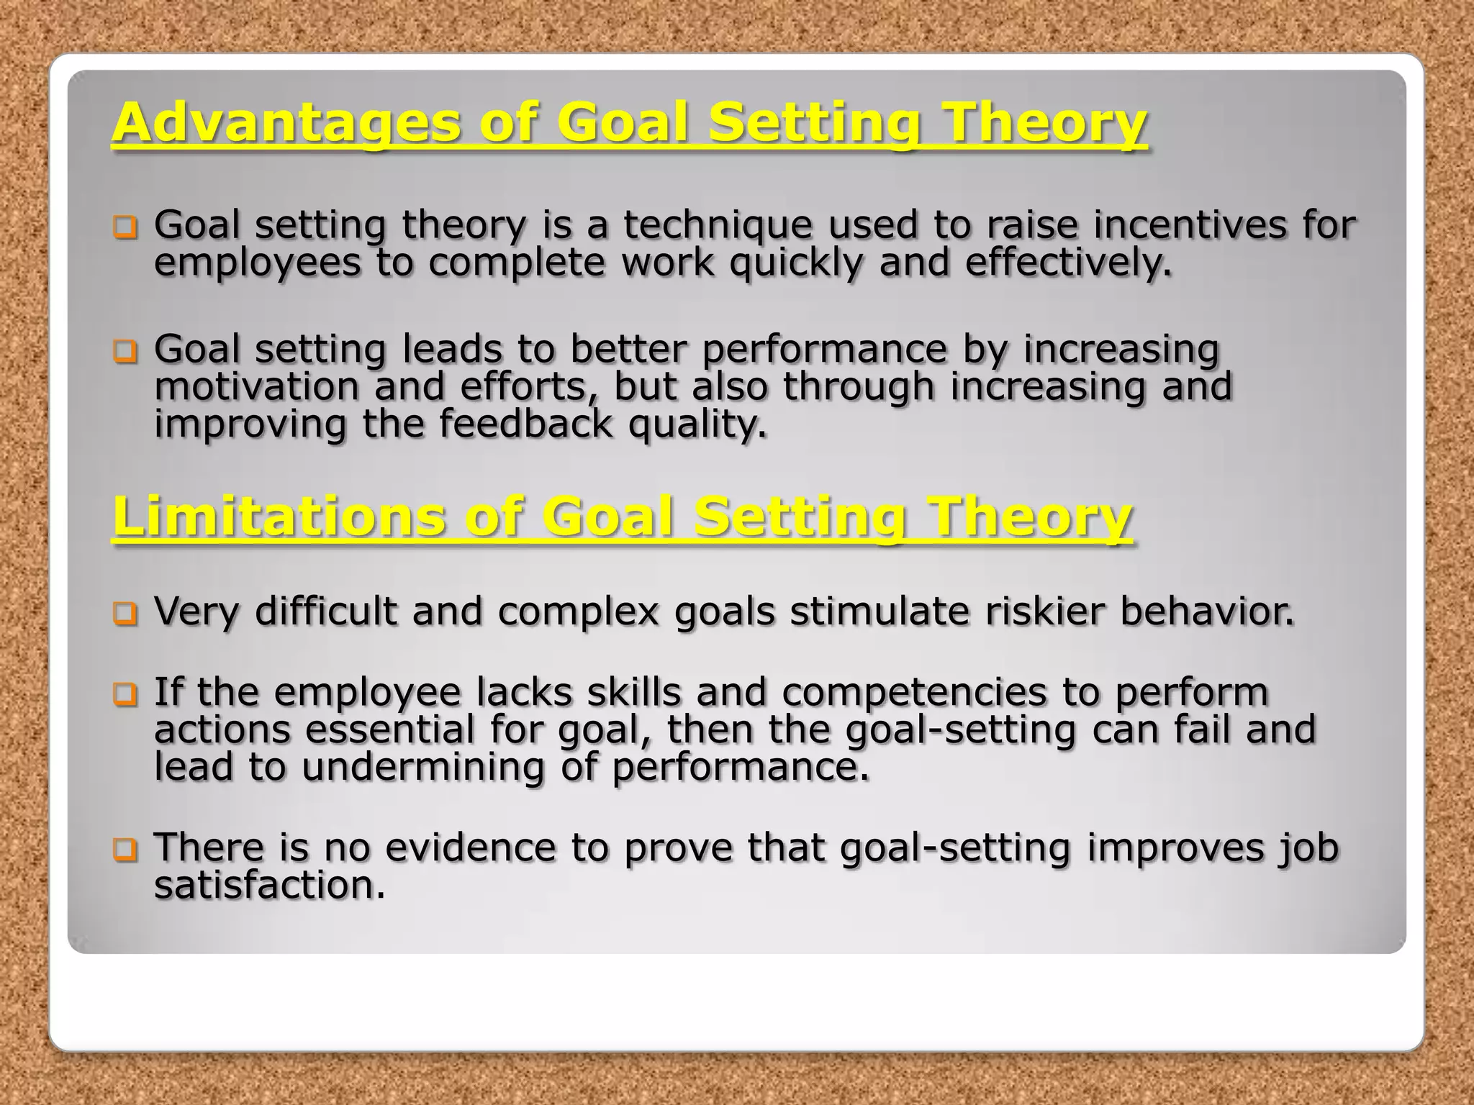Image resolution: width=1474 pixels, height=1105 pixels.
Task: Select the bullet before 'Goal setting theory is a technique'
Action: pos(125,228)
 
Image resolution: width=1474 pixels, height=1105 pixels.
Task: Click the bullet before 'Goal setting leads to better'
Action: pos(125,352)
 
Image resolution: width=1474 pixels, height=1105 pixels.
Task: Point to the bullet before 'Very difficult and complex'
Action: pos(125,614)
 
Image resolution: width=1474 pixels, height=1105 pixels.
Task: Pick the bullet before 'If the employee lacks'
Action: pos(125,695)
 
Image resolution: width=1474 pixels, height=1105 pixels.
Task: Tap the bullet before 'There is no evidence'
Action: pos(125,850)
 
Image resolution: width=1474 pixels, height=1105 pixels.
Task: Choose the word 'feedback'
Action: pos(525,424)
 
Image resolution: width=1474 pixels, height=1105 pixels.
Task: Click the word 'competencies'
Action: pos(915,693)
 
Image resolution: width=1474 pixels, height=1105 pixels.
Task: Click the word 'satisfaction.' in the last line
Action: pos(270,885)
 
